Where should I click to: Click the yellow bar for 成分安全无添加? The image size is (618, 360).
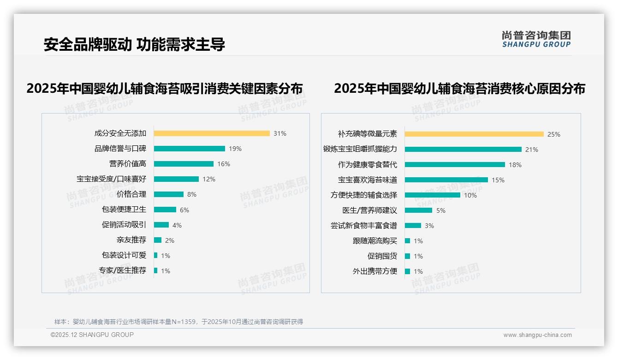pos(212,133)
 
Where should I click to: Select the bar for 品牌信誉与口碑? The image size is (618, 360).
pos(190,149)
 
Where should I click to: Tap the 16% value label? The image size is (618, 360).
pos(224,164)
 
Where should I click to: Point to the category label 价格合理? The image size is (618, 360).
pos(131,194)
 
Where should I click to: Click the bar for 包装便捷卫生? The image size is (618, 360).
pos(165,210)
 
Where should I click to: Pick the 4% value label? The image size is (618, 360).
pos(177,225)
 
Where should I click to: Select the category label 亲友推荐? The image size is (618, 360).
pos(131,240)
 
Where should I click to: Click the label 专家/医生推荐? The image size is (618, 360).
pos(123,270)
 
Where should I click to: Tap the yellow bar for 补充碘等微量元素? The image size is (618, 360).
pos(474,134)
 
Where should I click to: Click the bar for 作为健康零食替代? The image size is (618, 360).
pos(455,165)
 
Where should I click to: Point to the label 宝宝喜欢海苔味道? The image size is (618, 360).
pos(368,180)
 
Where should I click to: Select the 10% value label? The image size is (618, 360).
pos(470,195)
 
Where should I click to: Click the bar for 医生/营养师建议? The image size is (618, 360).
pos(418,210)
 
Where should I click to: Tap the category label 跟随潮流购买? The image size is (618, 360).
pos(375,241)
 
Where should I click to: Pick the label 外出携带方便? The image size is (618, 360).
pos(375,271)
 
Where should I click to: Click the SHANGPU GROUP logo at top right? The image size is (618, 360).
pos(536,39)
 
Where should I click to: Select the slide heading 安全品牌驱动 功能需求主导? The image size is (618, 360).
pos(134,44)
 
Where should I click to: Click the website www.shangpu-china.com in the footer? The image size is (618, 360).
pos(537,335)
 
